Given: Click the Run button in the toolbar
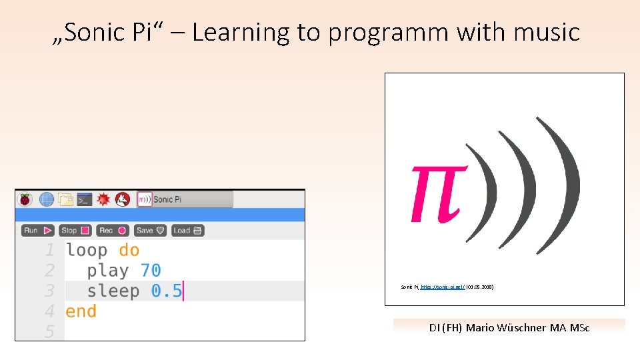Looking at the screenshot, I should pos(37,231).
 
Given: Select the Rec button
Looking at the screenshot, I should pos(112,231).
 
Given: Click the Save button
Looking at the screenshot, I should pos(149,231).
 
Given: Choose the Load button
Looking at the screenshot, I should pos(187,231).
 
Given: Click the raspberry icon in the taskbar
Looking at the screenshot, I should pos(25,199).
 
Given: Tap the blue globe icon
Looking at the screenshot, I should pos(46,199).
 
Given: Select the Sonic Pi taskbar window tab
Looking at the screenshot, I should pos(185,199).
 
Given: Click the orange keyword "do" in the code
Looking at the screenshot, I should pos(129,251).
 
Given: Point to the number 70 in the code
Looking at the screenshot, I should pos(151,271).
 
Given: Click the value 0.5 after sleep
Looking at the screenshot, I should pos(166,291).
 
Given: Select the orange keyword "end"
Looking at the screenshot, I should pos(81,311).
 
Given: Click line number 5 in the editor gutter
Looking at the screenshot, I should pos(49,331).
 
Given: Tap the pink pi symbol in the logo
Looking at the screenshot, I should pos(436,193).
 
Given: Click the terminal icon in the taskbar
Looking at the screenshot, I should pos(84,199).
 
